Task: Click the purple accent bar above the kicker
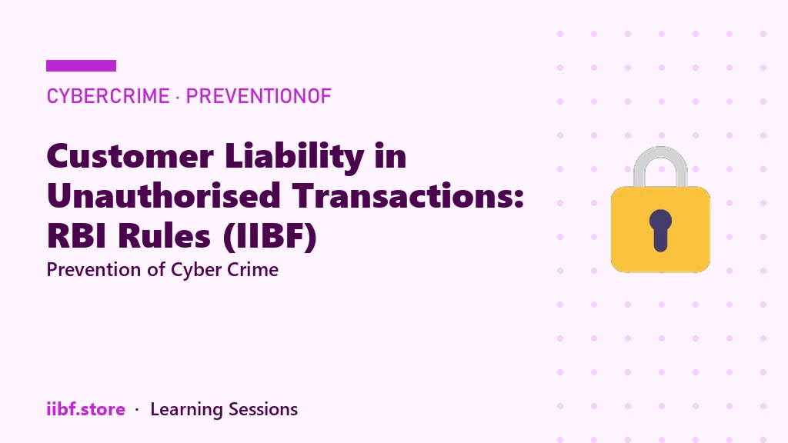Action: click(x=81, y=66)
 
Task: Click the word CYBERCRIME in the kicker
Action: click(x=108, y=96)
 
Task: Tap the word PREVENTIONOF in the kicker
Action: click(x=259, y=96)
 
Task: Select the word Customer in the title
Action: click(x=130, y=155)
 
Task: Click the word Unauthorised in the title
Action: click(x=164, y=195)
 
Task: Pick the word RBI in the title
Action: click(x=77, y=235)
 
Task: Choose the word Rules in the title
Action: click(x=164, y=235)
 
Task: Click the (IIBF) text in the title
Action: click(x=270, y=237)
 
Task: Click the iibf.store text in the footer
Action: click(x=86, y=409)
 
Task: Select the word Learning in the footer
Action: click(x=186, y=410)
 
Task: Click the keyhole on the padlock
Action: click(x=660, y=230)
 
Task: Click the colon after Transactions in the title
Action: click(x=519, y=198)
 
